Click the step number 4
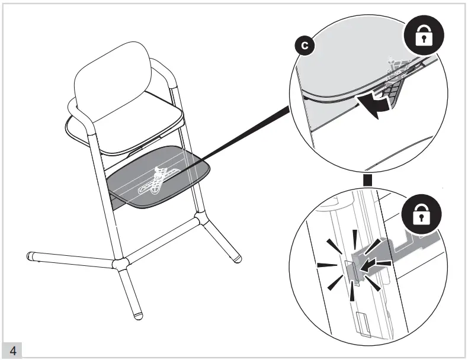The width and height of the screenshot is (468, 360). point(13,351)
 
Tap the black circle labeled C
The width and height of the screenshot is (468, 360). point(304,46)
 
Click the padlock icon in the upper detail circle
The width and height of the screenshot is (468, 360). point(424,35)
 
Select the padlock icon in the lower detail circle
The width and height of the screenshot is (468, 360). point(421,214)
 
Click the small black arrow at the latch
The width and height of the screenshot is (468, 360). point(368,265)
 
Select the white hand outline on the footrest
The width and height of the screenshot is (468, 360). point(158,181)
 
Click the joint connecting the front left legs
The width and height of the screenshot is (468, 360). point(120,264)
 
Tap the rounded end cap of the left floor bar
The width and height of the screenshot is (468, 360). point(29,256)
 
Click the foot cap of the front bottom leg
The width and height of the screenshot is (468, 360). point(138,316)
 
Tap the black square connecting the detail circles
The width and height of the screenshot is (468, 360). point(367,181)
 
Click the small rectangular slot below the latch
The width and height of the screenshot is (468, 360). point(364,325)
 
